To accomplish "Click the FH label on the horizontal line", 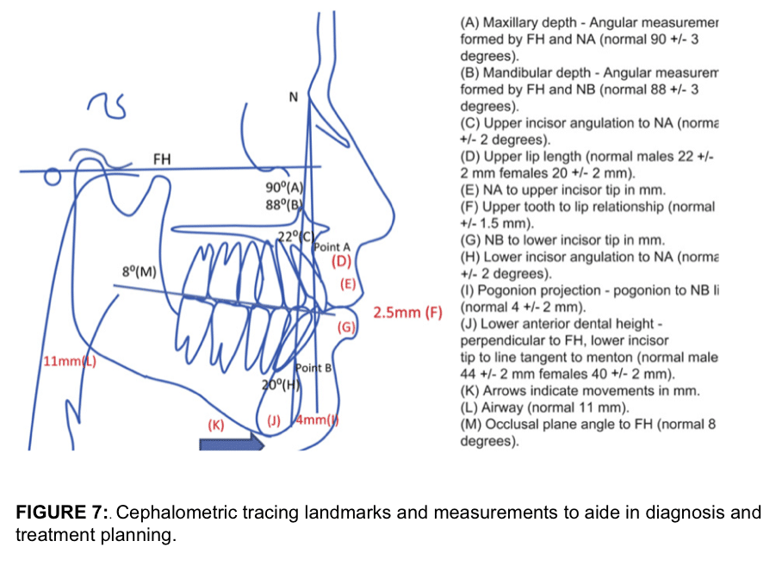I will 161,159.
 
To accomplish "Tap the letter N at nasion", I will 293,97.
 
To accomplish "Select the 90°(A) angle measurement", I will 285,188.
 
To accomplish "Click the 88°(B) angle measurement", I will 285,204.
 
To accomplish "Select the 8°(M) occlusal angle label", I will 140,271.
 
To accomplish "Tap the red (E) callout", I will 348,283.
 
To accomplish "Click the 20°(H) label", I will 280,385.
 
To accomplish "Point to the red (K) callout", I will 216,425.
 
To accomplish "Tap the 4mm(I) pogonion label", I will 317,420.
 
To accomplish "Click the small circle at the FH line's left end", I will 53,178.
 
